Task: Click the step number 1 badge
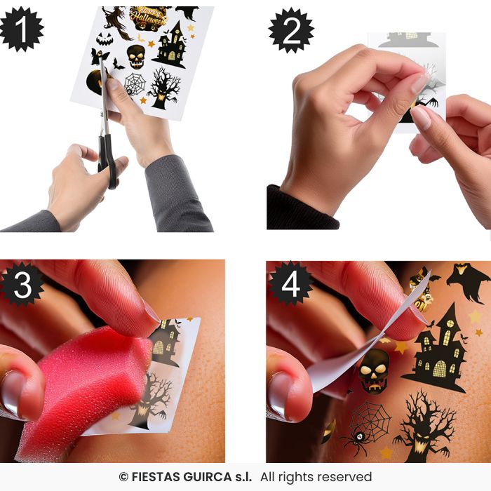[x=21, y=29]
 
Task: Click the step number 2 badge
[x=291, y=30]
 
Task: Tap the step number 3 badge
[x=22, y=285]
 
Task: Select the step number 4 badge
[x=290, y=283]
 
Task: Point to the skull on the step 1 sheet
[x=136, y=57]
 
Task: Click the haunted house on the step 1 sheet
[x=170, y=45]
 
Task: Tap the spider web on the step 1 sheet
[x=135, y=84]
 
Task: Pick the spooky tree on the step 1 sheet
[x=163, y=88]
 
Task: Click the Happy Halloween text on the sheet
[x=149, y=18]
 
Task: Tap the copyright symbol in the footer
[x=123, y=477]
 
